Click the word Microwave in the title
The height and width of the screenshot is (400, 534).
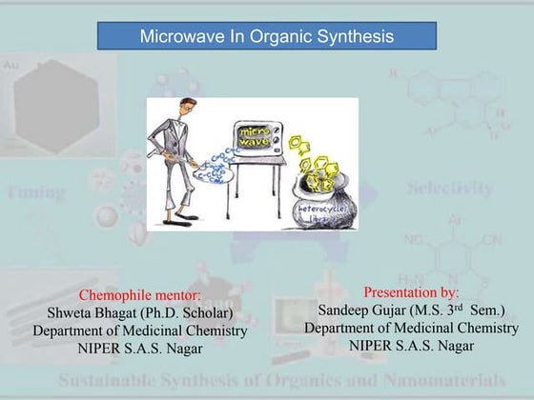(x=176, y=37)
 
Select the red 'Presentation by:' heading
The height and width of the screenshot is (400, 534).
(x=411, y=291)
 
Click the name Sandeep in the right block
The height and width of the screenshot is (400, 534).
(x=347, y=310)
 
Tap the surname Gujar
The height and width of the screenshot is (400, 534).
(x=400, y=310)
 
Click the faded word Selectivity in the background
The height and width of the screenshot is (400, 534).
(x=451, y=188)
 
